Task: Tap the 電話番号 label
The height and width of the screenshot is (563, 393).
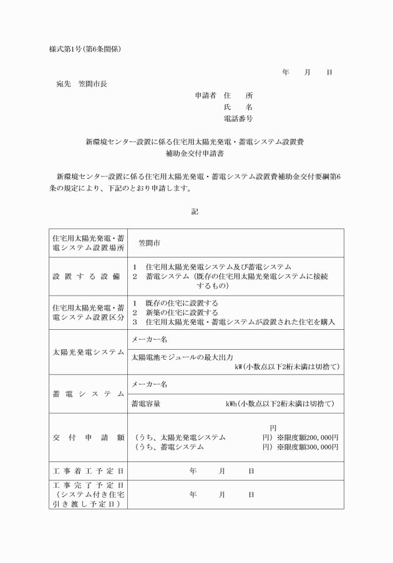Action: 238,118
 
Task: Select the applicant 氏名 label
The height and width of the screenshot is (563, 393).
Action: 238,107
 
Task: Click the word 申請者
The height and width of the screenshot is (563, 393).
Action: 205,95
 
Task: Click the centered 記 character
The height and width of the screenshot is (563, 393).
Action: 195,211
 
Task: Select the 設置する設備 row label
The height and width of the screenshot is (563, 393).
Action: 89,276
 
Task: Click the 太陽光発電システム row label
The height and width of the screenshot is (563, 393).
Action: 89,352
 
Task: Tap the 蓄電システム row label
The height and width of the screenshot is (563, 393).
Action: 89,393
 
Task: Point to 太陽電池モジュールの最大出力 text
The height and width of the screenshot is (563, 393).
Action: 182,357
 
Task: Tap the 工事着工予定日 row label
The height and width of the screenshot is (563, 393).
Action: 89,471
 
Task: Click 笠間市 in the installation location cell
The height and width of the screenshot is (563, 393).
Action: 150,243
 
